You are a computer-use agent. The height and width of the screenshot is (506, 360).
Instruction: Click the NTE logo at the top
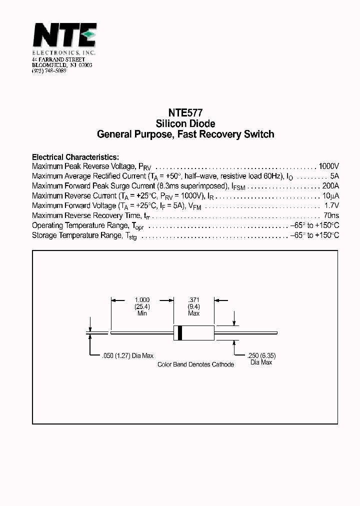[64, 36]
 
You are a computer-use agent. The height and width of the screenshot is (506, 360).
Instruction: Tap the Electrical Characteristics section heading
[75, 156]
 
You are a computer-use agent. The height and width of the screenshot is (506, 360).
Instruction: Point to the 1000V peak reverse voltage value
[328, 166]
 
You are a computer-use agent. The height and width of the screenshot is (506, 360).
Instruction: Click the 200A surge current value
[329, 185]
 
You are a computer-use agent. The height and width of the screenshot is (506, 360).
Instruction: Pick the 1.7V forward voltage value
[332, 205]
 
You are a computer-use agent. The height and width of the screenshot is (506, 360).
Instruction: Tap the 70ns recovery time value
[331, 215]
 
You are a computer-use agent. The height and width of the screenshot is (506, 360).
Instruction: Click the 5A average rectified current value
[334, 176]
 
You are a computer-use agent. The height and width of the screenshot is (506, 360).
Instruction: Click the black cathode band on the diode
[180, 332]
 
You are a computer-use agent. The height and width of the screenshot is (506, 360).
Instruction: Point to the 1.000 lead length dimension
[142, 300]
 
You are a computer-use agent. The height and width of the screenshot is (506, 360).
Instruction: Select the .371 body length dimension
[193, 300]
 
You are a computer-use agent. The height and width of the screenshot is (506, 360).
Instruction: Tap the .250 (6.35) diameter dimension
[261, 356]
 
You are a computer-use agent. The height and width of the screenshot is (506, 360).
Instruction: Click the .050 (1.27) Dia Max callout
[127, 356]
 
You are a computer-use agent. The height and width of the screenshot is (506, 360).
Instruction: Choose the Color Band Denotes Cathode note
[195, 364]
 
